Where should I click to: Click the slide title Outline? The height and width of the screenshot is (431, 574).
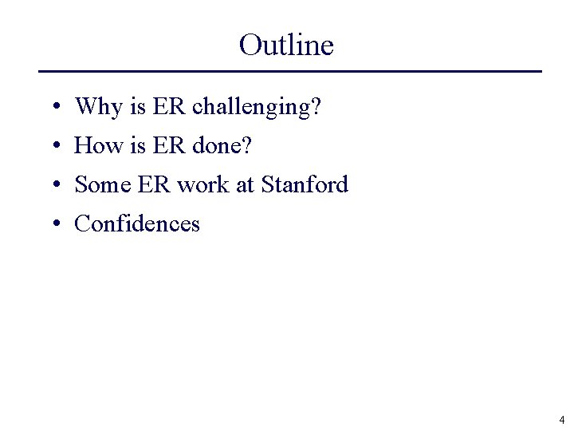(286, 45)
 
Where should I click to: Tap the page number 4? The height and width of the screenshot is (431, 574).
(561, 420)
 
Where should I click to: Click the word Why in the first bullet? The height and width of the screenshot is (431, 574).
(96, 105)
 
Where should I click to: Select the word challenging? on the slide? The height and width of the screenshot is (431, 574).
(257, 107)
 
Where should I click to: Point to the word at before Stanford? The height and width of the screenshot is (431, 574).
(246, 185)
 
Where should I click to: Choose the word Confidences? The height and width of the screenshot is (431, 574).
(137, 223)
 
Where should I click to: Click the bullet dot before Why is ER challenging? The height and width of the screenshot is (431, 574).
(50, 106)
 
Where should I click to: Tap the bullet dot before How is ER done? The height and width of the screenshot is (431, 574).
(50, 146)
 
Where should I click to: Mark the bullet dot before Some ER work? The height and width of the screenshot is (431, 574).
(50, 185)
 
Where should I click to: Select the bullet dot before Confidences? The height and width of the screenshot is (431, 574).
(50, 224)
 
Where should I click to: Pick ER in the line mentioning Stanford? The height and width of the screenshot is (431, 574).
(154, 184)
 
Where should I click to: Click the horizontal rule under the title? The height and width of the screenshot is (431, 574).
(290, 72)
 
